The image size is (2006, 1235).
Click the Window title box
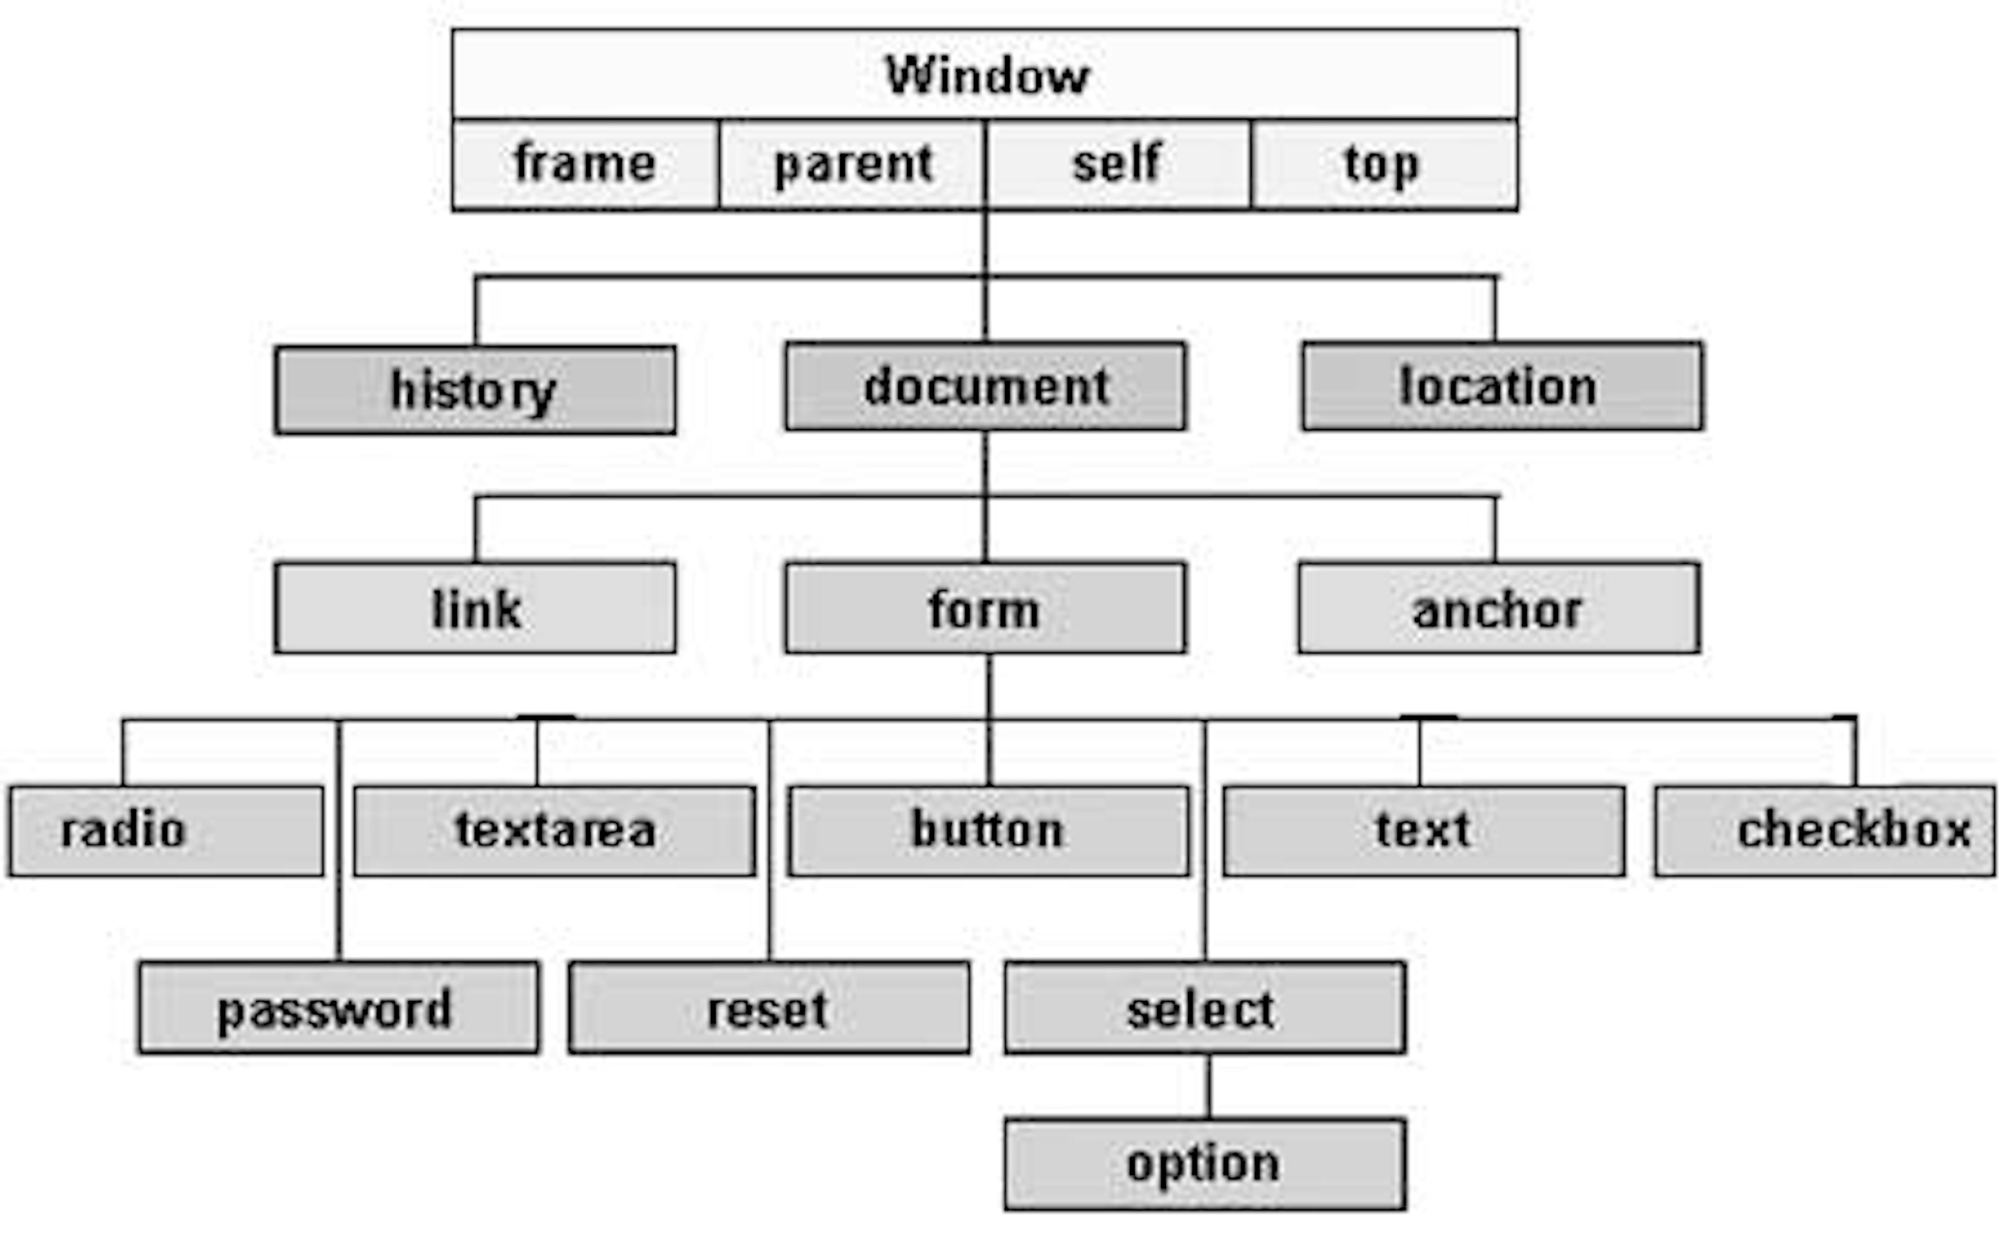985,74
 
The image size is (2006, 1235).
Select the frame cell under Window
586,164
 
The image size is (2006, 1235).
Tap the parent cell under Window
852,164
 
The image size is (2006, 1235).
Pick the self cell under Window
1117,164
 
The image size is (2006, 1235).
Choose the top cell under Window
1384,164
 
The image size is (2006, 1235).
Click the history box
475,390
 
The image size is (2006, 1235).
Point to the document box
985,387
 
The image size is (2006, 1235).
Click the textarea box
555,831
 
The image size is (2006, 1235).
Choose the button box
988,831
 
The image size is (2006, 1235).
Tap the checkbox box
1825,831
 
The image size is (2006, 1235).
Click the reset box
769,1008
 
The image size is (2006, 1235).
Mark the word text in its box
1423,831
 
